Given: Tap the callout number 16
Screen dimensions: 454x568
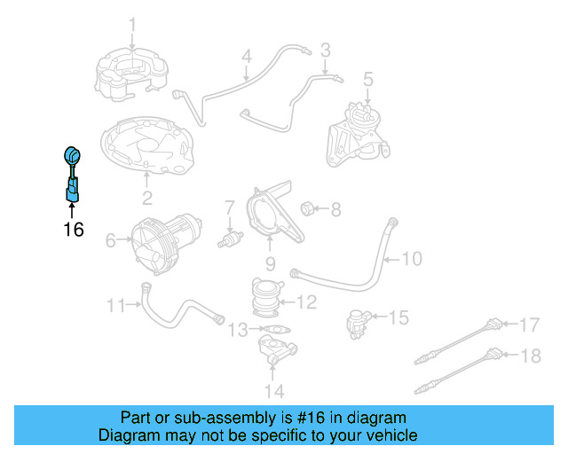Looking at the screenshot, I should coord(73,230).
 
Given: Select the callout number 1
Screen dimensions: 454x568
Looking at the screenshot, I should coord(132,24).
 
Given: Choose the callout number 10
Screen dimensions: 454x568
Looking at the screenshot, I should coord(412,259).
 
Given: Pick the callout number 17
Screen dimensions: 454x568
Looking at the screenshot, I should coord(529,324).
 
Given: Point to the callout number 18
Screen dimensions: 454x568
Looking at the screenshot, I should coord(529,356).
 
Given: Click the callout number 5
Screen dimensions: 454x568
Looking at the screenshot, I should coord(367,78).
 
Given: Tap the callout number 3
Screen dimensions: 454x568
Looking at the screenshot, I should coord(325,49).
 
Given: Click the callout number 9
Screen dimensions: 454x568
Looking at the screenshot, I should coord(270,263).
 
